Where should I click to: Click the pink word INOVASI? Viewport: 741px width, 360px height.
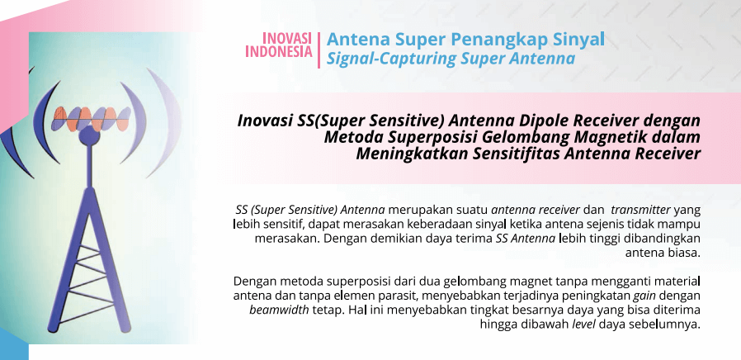287,38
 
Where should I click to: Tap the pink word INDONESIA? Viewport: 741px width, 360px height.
279,51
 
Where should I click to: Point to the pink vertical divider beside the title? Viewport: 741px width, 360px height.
319,50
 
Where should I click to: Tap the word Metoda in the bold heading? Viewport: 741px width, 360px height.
352,137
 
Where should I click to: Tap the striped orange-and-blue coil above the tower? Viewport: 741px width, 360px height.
91,119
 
